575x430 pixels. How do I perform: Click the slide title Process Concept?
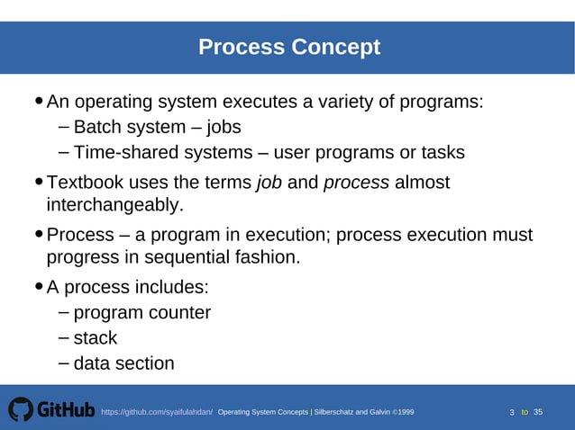point(288,47)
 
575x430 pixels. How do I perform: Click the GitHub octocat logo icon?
point(21,410)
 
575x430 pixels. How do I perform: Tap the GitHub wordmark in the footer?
point(66,410)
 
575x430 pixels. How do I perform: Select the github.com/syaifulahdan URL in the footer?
point(157,412)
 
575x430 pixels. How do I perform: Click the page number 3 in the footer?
point(512,413)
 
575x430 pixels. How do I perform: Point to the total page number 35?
point(538,412)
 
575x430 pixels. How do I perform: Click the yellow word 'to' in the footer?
point(525,412)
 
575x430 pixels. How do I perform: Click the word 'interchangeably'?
point(113,206)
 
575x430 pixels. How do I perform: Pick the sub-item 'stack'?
point(96,338)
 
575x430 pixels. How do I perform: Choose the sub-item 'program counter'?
point(141,313)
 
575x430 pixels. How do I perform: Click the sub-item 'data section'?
point(123,364)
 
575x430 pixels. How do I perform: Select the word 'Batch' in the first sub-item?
point(97,127)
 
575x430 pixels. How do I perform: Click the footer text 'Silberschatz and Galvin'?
point(352,412)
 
